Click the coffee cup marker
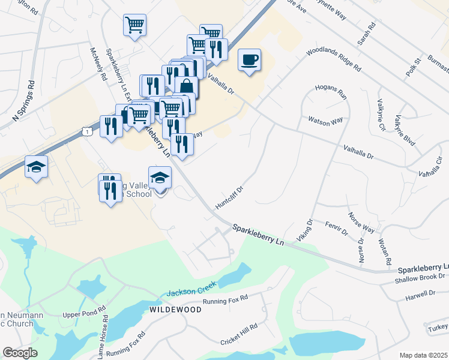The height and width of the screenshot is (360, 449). point(249,60)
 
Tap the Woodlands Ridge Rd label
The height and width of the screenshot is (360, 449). point(333,60)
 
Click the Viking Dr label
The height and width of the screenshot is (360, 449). point(306,231)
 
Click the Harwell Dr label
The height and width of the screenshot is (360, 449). point(420,293)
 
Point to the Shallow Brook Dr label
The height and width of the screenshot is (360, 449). point(421,277)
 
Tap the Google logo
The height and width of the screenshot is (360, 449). point(20,353)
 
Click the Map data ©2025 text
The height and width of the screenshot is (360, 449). point(423,355)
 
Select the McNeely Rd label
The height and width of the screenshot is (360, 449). point(98,64)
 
